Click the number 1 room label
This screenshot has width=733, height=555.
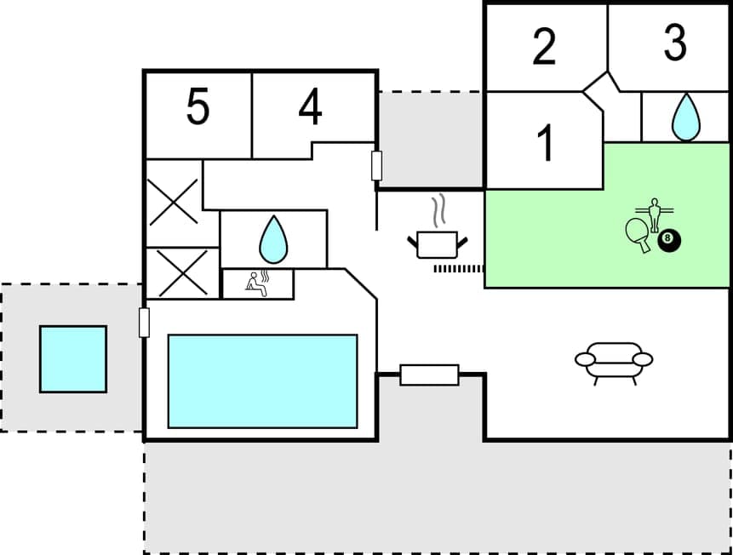tap(546, 143)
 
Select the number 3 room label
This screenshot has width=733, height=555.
tap(674, 43)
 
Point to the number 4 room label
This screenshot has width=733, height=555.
tap(311, 108)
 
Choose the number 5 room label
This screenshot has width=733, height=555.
tap(198, 108)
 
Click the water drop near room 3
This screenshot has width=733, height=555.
tap(685, 117)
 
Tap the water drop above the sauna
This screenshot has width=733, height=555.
tap(273, 239)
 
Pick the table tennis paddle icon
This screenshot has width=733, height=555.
tap(638, 232)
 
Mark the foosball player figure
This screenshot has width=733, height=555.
tap(654, 213)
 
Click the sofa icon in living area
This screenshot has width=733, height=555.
tap(614, 362)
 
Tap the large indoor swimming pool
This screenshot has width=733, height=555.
tap(262, 380)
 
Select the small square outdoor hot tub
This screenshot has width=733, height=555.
tap(73, 358)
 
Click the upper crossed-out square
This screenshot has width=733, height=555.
tap(174, 202)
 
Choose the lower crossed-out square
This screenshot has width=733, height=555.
tap(182, 272)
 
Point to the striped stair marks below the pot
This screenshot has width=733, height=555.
tap(458, 268)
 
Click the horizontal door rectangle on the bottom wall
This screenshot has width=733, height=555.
tap(429, 375)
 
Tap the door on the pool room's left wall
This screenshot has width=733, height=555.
tap(144, 323)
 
